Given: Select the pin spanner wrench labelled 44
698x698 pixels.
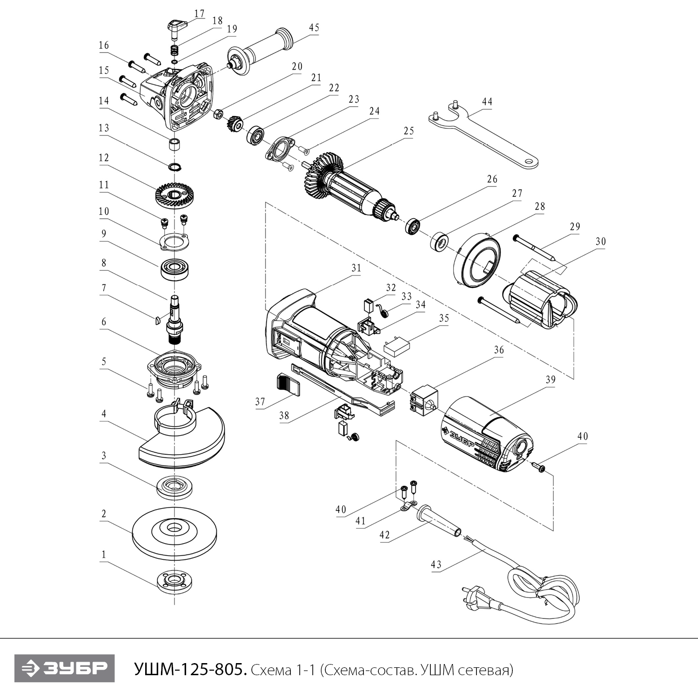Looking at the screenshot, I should (484, 135).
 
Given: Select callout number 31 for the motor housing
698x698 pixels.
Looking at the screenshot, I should (356, 268).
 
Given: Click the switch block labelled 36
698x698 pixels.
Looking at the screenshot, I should (424, 398).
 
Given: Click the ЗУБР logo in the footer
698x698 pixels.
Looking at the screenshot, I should (64, 669).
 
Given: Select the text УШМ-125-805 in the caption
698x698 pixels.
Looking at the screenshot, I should (189, 670).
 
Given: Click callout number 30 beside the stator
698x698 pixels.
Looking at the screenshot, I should (600, 241).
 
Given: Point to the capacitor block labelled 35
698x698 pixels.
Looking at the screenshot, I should (396, 347).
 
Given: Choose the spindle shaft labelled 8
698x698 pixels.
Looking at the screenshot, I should (175, 316).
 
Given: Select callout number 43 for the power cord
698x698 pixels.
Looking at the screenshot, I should (436, 564).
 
